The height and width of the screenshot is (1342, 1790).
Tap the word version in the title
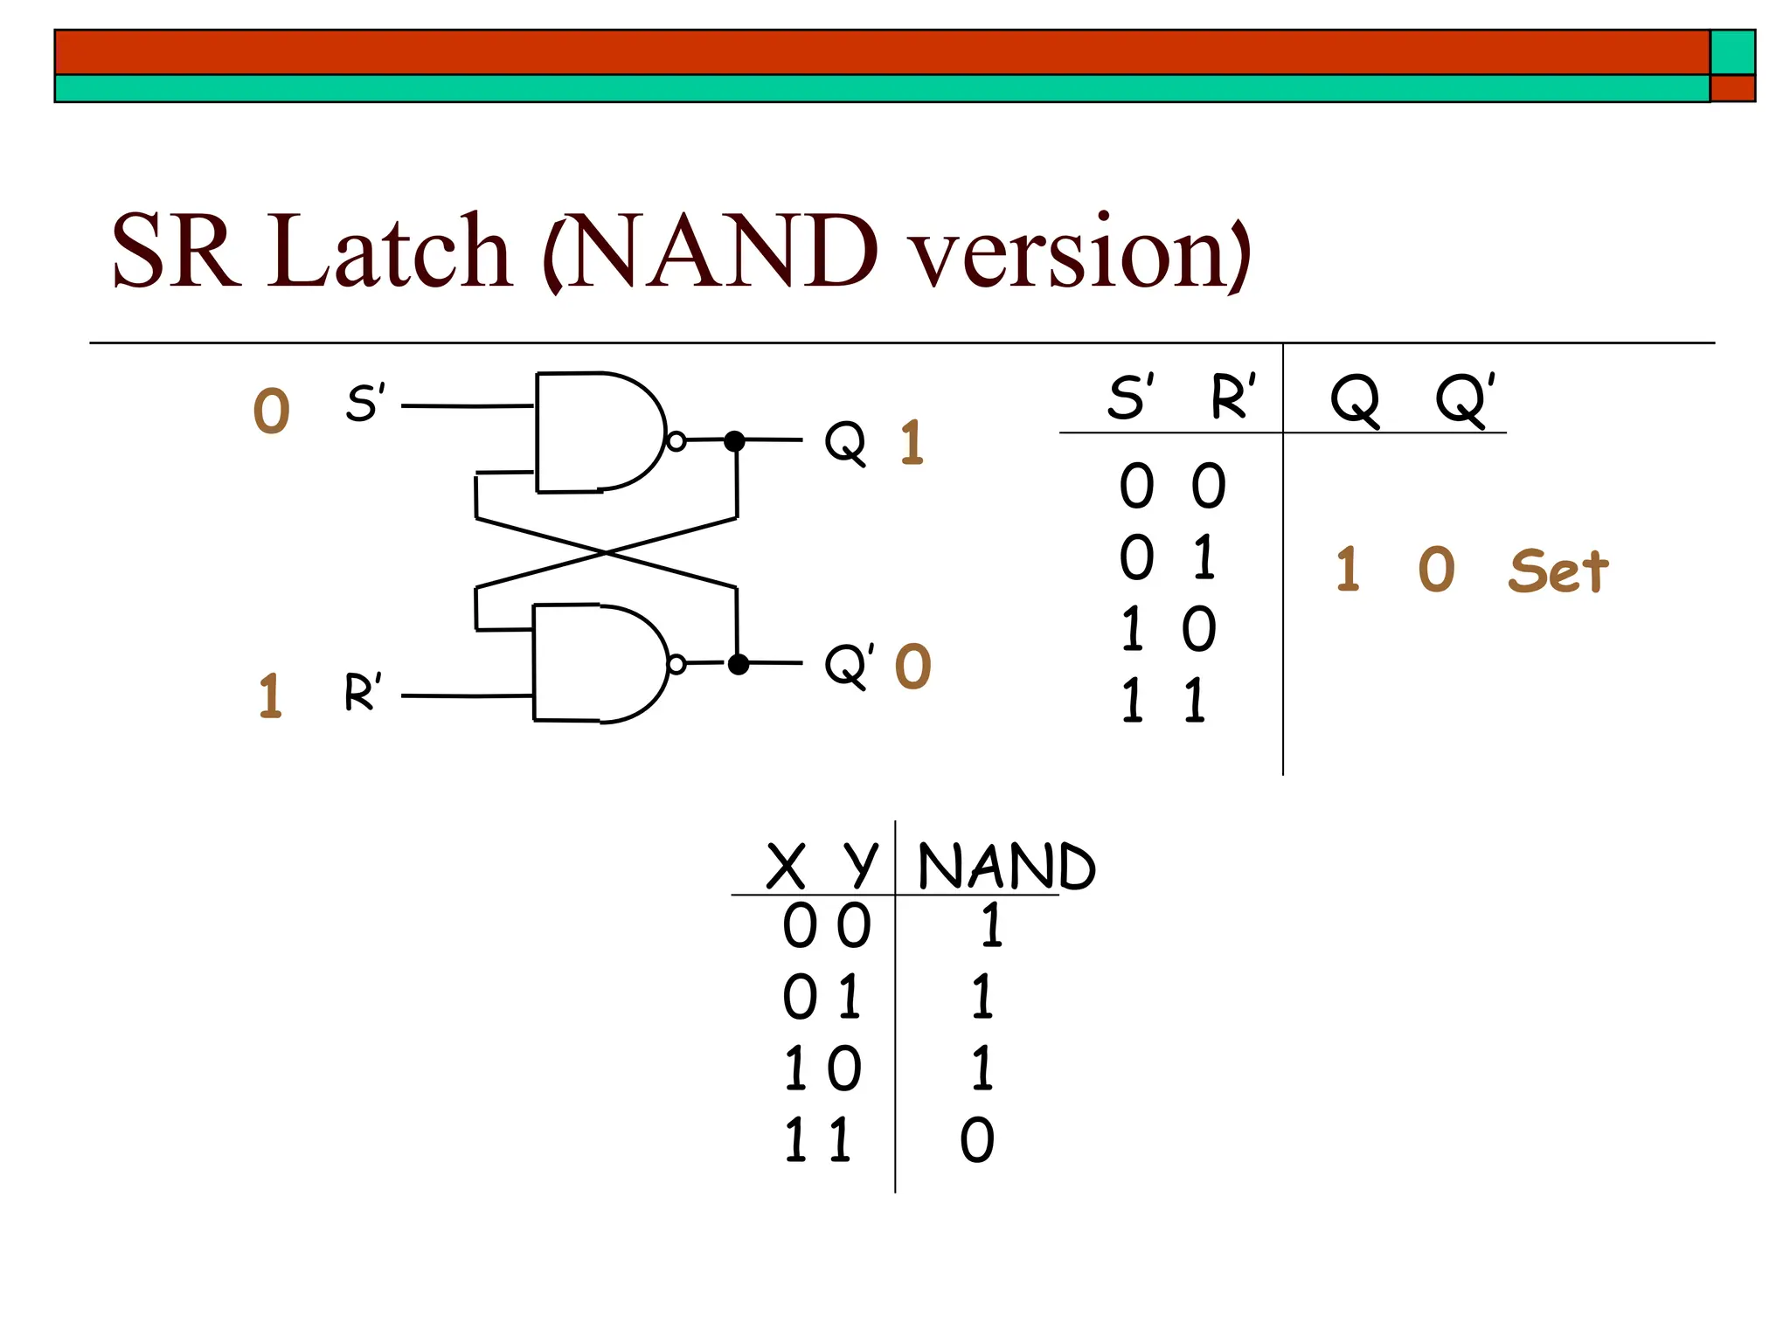tap(1079, 253)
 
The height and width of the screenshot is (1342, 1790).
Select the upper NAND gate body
tap(594, 432)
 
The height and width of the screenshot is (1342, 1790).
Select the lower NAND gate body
tap(594, 664)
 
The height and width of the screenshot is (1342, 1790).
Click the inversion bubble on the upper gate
tap(676, 441)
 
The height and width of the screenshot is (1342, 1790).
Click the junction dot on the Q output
tap(735, 441)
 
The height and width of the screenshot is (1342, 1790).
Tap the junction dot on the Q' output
tap(739, 664)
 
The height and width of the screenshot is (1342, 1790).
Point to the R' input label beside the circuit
tap(363, 692)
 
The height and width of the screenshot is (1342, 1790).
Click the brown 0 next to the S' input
tap(271, 411)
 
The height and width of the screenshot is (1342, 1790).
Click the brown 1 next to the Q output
tap(912, 442)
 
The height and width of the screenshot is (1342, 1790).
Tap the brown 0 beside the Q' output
tap(913, 667)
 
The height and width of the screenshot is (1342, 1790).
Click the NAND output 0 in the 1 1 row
tap(977, 1140)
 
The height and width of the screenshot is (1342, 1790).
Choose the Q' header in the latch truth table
tap(1465, 399)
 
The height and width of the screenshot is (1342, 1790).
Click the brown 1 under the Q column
tap(1348, 570)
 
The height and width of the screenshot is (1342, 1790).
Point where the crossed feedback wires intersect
tap(607, 553)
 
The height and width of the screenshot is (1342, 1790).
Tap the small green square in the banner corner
tap(1732, 52)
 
